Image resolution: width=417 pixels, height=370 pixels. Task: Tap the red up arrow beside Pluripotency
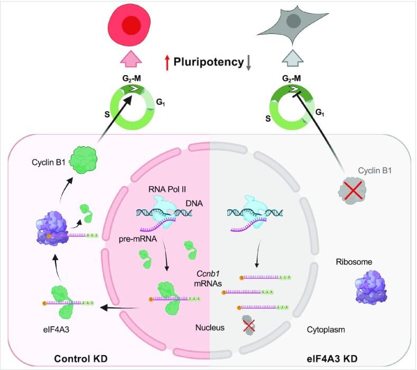(167, 62)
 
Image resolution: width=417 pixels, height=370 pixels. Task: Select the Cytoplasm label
(326, 329)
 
